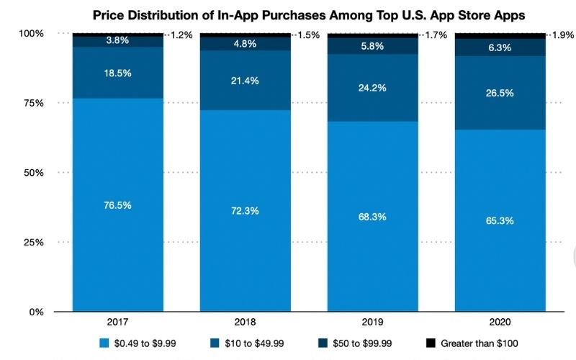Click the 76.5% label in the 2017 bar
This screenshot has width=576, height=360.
click(x=117, y=205)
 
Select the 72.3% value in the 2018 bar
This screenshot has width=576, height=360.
click(x=245, y=211)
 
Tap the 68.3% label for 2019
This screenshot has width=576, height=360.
click(x=372, y=216)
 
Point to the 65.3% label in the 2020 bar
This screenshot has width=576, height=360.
click(x=500, y=220)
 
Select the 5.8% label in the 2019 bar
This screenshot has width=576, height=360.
click(x=372, y=45)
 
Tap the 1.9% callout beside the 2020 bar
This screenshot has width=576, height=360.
click(x=562, y=35)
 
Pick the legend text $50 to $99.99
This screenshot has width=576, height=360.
click(x=364, y=344)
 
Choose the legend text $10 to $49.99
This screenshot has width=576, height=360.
click(x=249, y=344)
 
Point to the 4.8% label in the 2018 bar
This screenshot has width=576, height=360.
click(x=245, y=42)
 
